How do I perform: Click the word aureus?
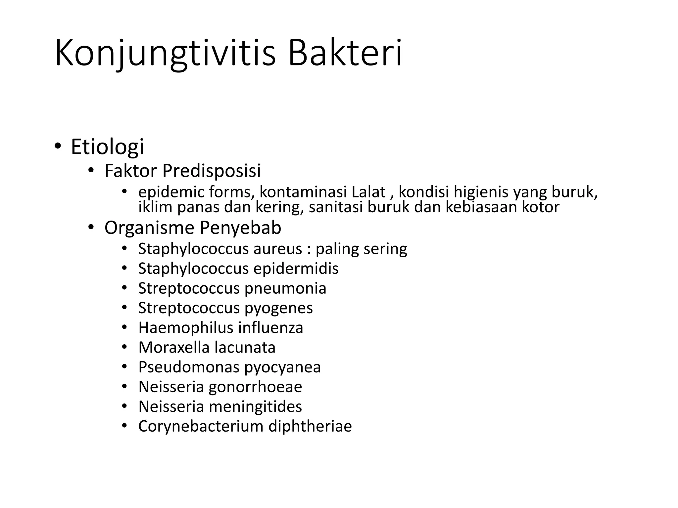(x=278, y=249)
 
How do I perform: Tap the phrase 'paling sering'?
(x=361, y=249)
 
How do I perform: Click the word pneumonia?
(x=285, y=288)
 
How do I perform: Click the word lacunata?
(x=245, y=347)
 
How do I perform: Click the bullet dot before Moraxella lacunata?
(x=124, y=347)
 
